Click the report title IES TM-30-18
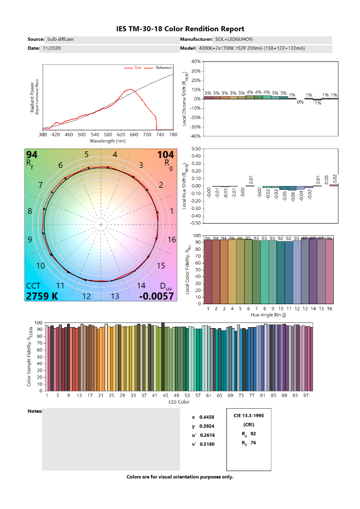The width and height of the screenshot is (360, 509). click(x=180, y=29)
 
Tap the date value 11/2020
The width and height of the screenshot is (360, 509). click(x=52, y=48)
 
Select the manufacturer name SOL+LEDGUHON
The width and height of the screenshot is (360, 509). click(x=234, y=39)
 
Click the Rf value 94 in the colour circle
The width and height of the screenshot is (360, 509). click(x=32, y=155)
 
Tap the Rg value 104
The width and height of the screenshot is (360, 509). click(x=166, y=155)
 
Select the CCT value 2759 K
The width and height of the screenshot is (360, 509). click(x=42, y=296)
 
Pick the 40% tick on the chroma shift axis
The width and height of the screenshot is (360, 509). click(x=195, y=61)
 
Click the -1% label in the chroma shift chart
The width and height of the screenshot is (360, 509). click(x=317, y=103)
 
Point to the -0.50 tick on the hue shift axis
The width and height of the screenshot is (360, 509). click(x=194, y=224)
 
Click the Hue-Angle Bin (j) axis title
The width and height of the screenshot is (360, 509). click(x=268, y=316)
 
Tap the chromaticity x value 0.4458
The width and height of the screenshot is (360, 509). click(x=207, y=417)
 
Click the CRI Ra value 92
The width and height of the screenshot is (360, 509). click(x=254, y=434)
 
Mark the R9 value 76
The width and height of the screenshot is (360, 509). click(x=253, y=442)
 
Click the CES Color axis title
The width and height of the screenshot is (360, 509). click(x=179, y=402)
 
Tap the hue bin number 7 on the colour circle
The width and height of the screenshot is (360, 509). click(x=41, y=184)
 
